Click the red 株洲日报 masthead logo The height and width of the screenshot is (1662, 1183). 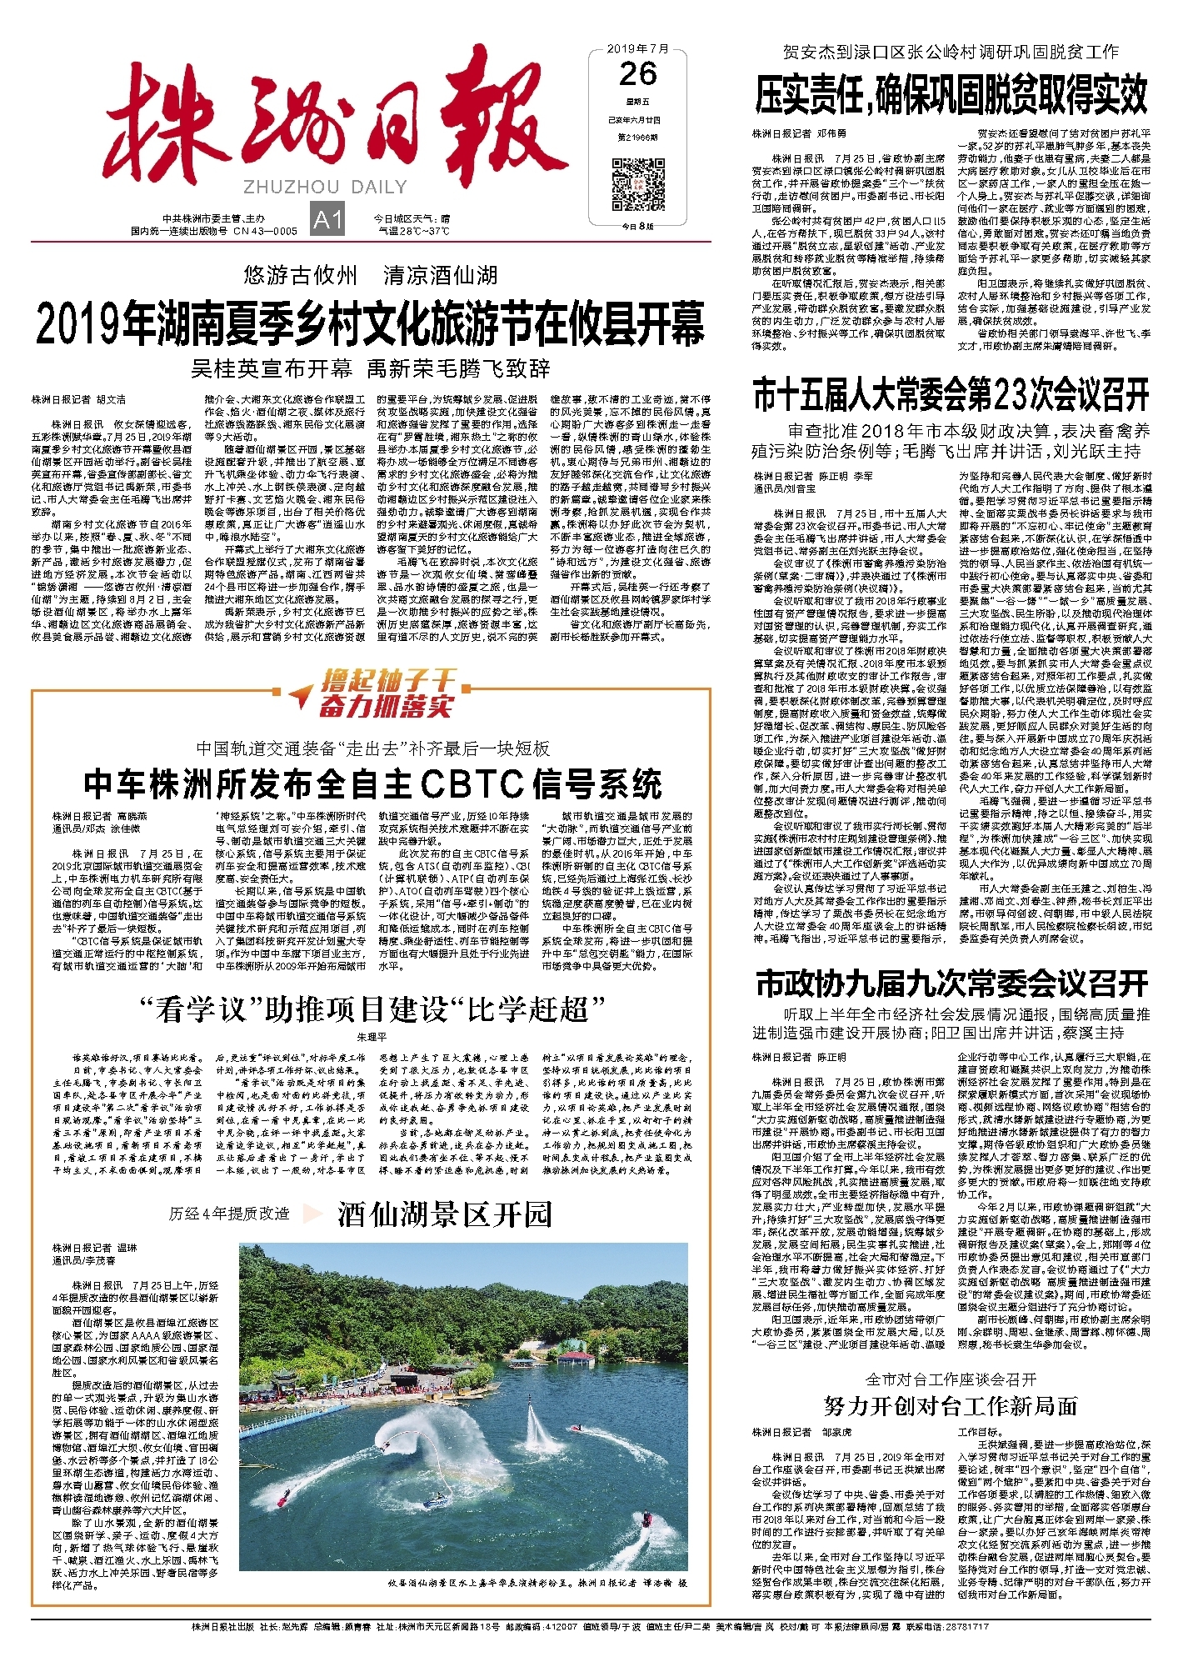333,123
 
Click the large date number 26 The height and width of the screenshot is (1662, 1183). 638,75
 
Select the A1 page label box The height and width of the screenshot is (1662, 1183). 327,220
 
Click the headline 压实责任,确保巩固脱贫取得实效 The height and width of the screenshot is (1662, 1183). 951,96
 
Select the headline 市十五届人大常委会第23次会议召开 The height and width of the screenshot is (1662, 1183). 951,395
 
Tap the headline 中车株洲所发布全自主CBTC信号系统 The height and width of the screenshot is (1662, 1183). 372,784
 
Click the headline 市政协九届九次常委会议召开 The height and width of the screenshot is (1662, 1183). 952,984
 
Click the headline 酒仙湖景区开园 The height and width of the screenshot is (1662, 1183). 445,1214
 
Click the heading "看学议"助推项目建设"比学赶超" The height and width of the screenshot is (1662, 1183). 372,1009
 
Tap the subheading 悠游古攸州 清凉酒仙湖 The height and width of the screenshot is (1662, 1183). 371,275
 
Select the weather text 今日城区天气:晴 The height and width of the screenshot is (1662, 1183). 412,218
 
